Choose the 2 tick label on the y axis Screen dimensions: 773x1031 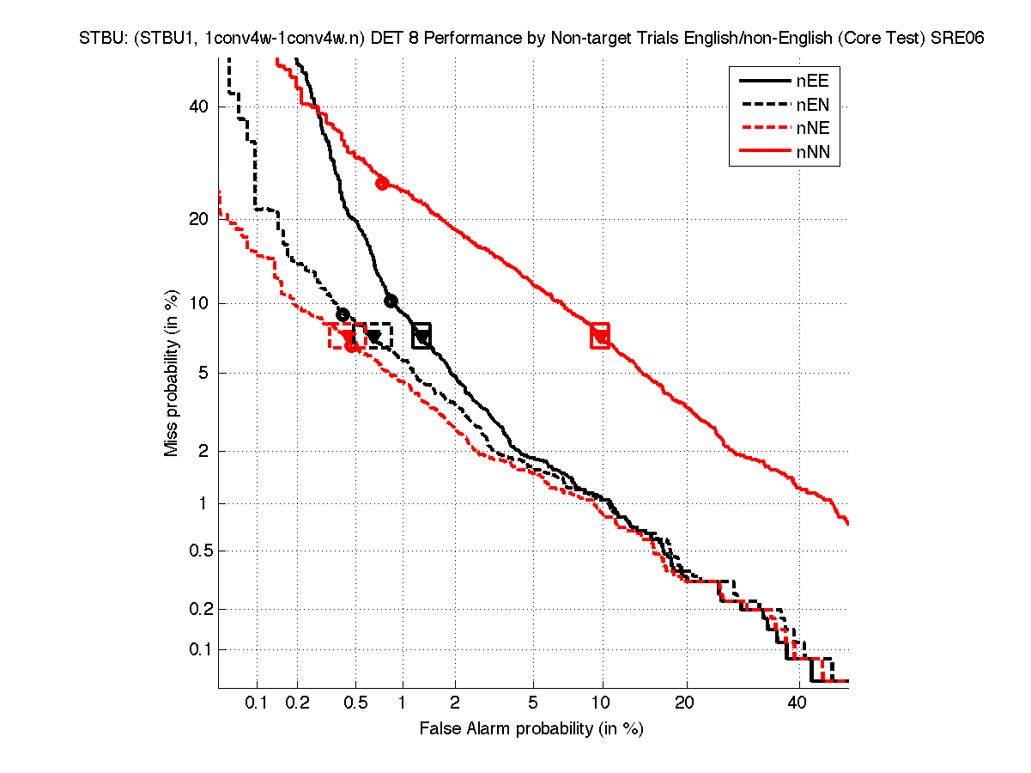point(203,451)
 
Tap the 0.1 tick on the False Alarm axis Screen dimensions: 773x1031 point(257,703)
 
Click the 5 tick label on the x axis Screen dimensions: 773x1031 point(533,703)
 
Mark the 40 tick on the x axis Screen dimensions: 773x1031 point(798,703)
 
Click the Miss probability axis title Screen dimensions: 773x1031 point(173,372)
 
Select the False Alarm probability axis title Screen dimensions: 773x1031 point(531,729)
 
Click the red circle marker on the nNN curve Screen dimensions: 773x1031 point(382,183)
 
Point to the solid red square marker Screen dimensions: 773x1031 point(600,336)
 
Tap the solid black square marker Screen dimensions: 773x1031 point(421,336)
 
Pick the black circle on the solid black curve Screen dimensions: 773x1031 point(391,301)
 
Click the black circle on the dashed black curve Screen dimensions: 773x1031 point(343,314)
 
